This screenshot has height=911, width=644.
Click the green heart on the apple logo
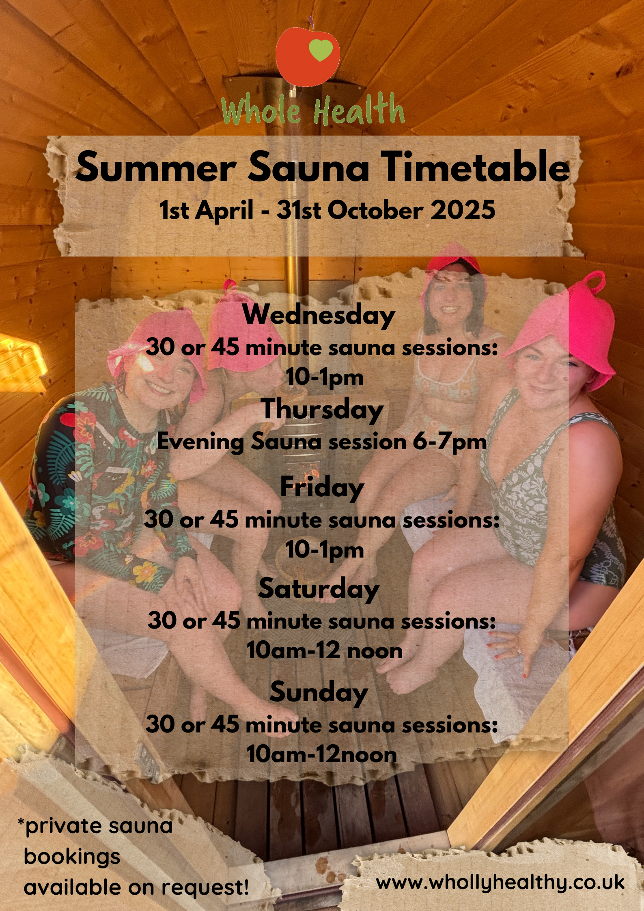pos(321,50)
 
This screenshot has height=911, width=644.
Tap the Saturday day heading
pos(319,590)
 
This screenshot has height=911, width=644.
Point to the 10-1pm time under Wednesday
pos(325,377)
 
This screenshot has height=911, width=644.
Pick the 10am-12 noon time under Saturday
pos(324,650)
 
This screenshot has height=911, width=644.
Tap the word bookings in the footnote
pos(72,857)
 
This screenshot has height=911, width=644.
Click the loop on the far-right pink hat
pos(594,281)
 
